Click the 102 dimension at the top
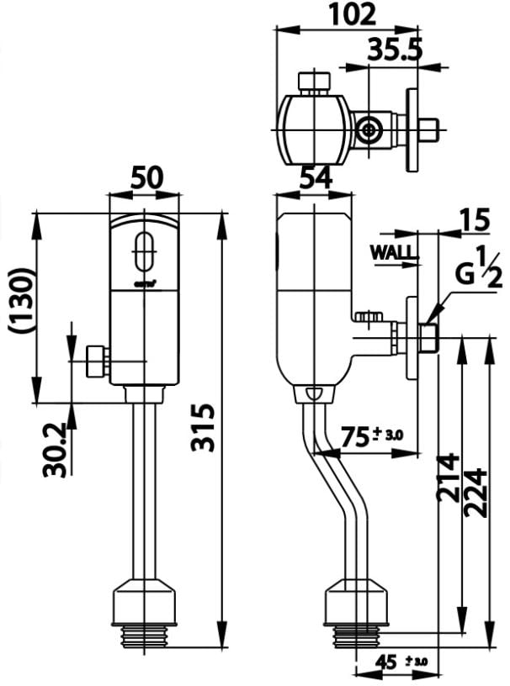(351, 14)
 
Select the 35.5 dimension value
(394, 50)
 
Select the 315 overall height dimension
(204, 427)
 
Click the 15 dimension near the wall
(475, 222)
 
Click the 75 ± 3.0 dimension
(371, 435)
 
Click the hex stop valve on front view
(97, 361)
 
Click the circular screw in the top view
(367, 130)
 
